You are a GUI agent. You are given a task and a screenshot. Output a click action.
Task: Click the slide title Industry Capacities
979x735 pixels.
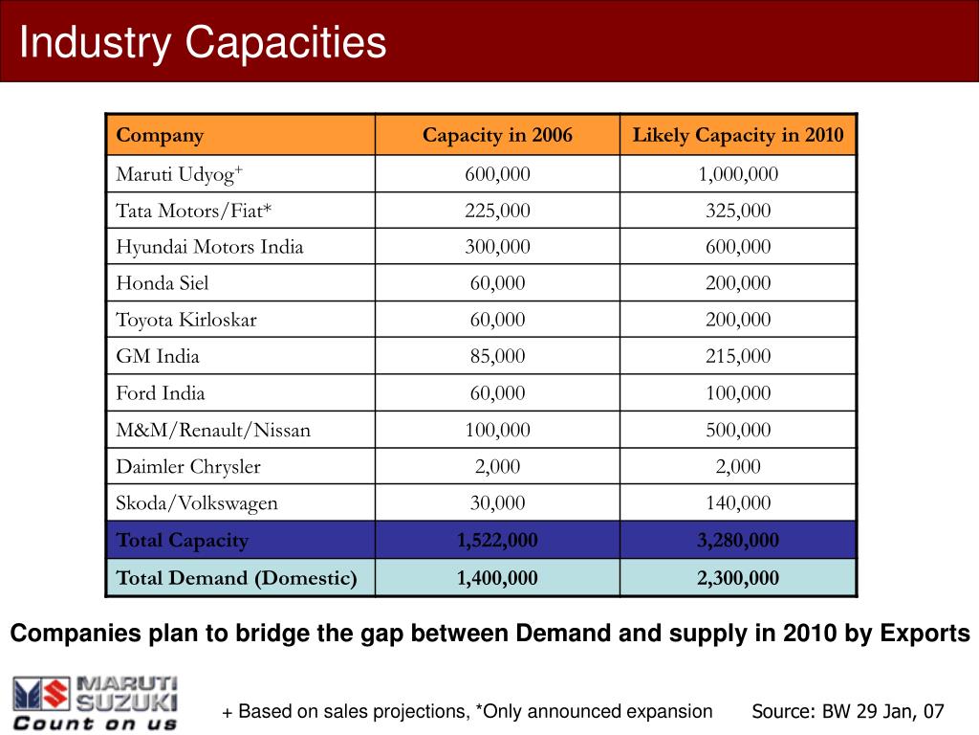point(203,42)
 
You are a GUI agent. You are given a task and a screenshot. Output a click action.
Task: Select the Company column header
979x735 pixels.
point(160,136)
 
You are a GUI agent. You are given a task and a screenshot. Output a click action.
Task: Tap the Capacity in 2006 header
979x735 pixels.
point(497,135)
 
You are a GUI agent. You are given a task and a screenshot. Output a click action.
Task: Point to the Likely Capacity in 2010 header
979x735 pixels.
point(738,135)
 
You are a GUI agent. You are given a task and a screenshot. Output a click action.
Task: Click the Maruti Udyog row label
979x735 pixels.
point(180,174)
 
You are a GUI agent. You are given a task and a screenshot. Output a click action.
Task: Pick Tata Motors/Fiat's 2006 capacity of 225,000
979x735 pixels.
point(497,211)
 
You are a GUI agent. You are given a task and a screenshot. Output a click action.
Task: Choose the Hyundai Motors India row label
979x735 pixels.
point(209,247)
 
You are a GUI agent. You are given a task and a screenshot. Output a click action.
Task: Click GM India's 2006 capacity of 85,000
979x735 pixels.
point(497,356)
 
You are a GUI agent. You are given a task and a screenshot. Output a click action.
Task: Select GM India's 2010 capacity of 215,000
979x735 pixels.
point(738,356)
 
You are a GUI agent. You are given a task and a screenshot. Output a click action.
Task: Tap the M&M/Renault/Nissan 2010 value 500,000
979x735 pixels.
point(738,430)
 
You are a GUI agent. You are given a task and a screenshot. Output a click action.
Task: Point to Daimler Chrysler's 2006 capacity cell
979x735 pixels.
point(497,466)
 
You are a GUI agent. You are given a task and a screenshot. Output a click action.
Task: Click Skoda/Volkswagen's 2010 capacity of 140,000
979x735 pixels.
point(738,503)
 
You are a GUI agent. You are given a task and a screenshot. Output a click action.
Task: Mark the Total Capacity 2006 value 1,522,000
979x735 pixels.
point(497,540)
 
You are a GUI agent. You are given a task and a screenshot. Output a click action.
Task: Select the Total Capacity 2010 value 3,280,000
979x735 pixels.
point(738,540)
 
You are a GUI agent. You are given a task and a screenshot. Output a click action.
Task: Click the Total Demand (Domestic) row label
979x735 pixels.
point(237,578)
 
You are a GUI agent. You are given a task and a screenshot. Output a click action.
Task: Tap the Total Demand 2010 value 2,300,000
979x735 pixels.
point(738,578)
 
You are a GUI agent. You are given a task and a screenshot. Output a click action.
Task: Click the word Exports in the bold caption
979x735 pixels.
point(925,634)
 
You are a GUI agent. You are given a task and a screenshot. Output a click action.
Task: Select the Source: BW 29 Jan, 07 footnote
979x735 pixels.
point(848,711)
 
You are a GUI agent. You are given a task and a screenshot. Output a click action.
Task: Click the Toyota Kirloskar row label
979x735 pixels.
point(186,320)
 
